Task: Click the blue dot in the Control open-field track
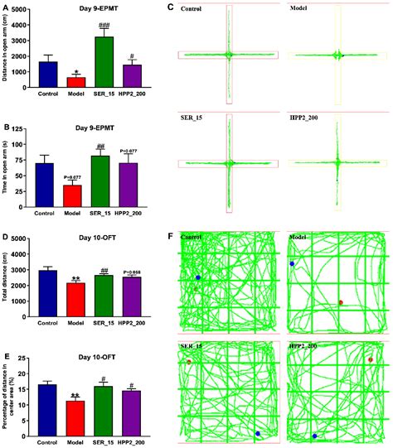coord(198,278)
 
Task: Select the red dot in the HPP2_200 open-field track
coord(371,359)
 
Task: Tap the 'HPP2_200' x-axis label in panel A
coord(129,94)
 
